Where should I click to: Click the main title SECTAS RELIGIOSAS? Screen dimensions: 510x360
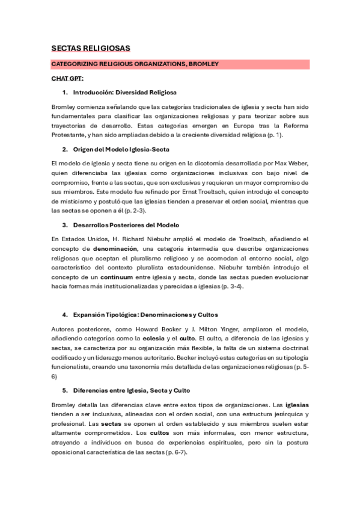coord(91,48)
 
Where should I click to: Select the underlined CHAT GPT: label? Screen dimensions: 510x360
coord(67,78)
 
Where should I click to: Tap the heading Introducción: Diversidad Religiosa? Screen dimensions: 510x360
coord(124,93)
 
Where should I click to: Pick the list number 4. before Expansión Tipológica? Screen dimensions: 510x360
coord(64,315)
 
